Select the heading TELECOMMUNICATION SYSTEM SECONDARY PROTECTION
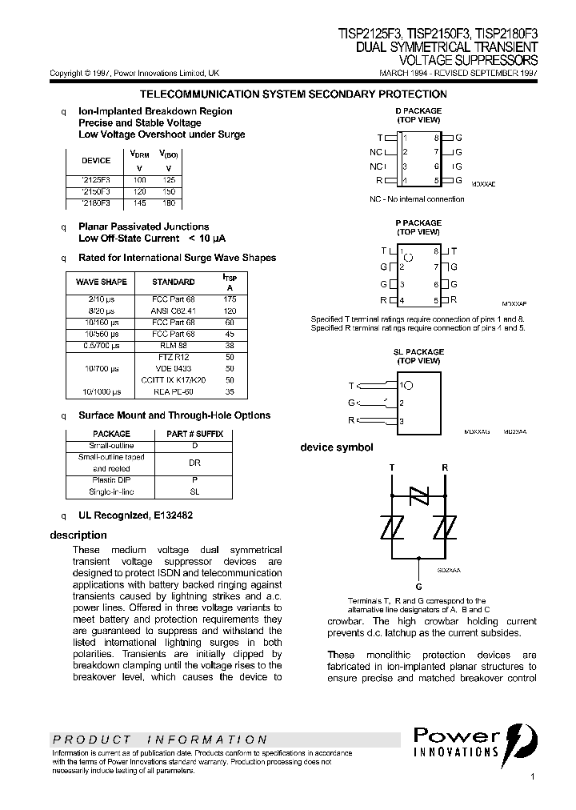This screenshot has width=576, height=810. [293, 94]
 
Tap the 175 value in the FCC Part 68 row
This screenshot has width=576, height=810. [230, 299]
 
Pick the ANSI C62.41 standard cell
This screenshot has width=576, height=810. [173, 310]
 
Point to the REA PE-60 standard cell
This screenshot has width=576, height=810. [173, 392]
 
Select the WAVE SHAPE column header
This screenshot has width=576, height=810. [101, 282]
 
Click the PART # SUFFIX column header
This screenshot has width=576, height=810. [194, 434]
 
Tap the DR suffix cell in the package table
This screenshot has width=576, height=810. [194, 463]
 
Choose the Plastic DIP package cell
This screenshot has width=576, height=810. [111, 480]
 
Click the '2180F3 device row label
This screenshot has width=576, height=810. [95, 204]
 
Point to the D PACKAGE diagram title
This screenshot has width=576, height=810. [418, 111]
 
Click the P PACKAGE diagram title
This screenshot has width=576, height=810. [418, 223]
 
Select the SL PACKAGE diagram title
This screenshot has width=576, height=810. [418, 352]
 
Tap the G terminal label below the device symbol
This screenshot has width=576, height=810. [418, 586]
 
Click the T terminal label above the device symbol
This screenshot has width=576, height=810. [391, 466]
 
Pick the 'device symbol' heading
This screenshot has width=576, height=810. [336, 447]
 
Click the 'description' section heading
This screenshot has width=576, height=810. [78, 535]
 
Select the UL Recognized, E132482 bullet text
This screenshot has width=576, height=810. [135, 516]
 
